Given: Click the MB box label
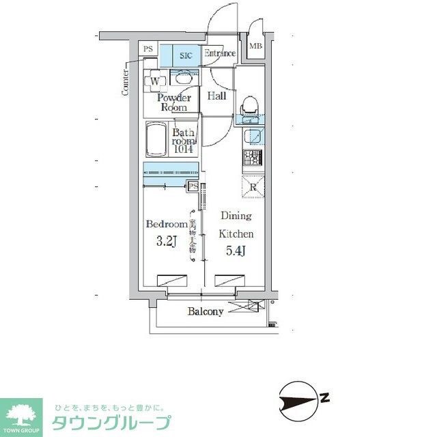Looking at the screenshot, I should coord(255,46).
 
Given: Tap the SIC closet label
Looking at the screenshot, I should coord(186,55).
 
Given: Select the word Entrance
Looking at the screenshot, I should coord(220,53).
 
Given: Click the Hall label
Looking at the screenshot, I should coord(216,96).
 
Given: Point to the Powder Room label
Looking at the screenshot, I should coord(173,102).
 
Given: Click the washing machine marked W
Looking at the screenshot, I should coord(155,81).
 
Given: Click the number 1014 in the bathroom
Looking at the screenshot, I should coord(183,148).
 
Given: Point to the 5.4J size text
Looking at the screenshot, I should coord(236,251).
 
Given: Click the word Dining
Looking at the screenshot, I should coord(236,216).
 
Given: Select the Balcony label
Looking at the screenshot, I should coord(206,311).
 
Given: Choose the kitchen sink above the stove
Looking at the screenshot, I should coord(253,135).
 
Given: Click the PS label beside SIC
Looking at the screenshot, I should coord(148,48).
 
